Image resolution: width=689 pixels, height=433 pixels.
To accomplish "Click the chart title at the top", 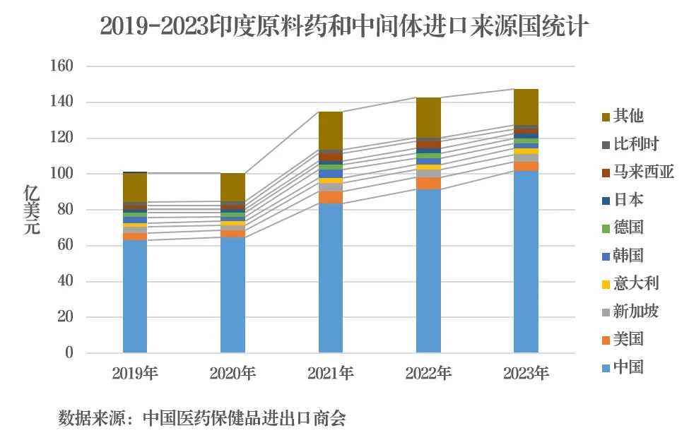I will pos(344,26).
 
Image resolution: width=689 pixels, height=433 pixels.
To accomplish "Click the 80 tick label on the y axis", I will pos(64,210).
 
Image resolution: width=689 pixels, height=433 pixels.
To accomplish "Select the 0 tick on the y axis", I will pos(69,353).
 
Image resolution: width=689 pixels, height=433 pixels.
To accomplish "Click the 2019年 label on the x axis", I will pos(135,373).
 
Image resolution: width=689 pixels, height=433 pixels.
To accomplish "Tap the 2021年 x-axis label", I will pos(331,373).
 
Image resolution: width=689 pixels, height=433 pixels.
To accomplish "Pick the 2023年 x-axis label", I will pos(526,373).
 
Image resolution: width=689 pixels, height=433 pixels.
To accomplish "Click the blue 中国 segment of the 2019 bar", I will pos(135,297).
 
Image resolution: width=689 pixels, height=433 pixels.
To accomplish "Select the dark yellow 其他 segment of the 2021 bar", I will pos(331,131).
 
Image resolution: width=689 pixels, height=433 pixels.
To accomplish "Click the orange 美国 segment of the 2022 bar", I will pos(428,183).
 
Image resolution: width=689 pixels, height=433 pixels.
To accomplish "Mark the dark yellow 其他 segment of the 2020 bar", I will pos(232,187).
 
